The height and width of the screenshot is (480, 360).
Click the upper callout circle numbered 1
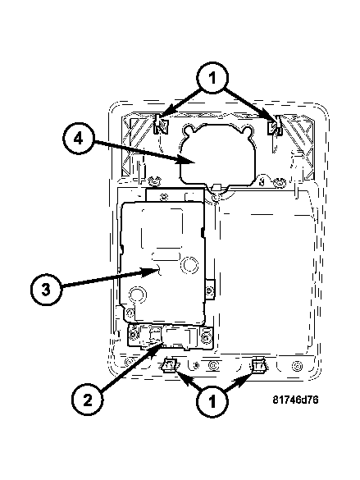[x=212, y=78]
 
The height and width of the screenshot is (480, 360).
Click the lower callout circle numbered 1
[x=212, y=400]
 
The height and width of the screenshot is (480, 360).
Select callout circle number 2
[x=87, y=400]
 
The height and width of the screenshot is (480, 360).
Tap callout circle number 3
[x=46, y=290]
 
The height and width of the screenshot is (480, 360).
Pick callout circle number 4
[x=78, y=139]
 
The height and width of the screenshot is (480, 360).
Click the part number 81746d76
[x=295, y=400]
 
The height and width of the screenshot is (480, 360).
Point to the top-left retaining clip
[x=160, y=125]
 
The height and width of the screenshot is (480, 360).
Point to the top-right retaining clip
[x=275, y=126]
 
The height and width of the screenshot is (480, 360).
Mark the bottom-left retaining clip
[x=169, y=365]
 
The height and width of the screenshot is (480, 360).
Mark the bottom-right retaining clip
[x=258, y=365]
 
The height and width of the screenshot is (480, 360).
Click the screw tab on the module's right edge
[x=209, y=290]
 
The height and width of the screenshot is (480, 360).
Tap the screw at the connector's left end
[x=133, y=336]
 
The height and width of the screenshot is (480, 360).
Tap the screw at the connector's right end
[x=206, y=336]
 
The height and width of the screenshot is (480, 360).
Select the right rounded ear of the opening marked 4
[x=247, y=131]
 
